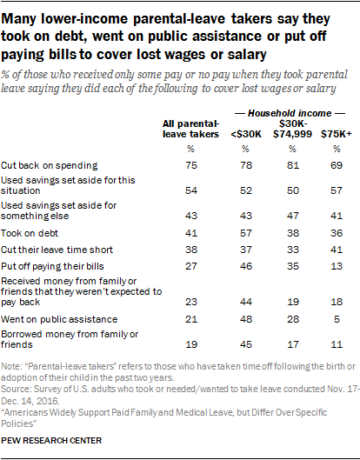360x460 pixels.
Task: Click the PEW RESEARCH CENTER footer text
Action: pos(51,440)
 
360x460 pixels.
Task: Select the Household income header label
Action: pos(290,113)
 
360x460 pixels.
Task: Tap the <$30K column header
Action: pos(246,134)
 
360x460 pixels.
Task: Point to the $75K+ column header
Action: pos(337,134)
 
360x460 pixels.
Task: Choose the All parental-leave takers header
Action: pos(190,129)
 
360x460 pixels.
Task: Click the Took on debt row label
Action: pos(30,233)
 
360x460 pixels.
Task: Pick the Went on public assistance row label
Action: pos(59,319)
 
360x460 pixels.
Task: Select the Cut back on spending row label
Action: pos(50,165)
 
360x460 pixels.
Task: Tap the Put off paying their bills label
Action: pos(52,266)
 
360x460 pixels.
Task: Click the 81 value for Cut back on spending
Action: pos(293,165)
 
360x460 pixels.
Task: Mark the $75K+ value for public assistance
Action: pos(337,319)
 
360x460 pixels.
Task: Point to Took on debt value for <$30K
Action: pos(246,233)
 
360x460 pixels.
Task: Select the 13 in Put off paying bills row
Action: pos(337,266)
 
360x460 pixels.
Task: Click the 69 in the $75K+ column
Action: pos(337,165)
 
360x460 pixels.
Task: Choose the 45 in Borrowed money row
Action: pos(246,344)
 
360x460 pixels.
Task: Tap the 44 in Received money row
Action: pos(246,302)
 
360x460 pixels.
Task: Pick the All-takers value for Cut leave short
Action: pos(191,250)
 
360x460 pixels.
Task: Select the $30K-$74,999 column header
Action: pos(292,129)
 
